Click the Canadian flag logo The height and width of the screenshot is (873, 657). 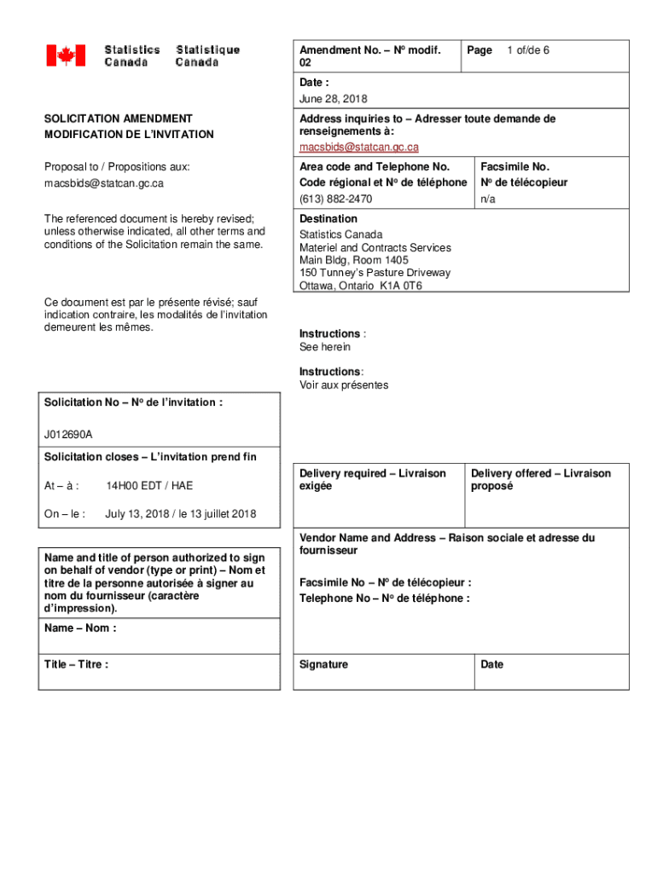click(66, 56)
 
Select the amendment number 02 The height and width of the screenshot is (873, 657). click(306, 64)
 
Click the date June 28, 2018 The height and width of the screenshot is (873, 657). click(333, 99)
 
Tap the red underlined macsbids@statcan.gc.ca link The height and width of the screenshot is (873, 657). click(358, 147)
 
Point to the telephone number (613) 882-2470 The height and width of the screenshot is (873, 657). click(335, 199)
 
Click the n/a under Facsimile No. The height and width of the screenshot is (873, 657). click(488, 199)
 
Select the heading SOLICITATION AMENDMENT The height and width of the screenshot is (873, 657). click(119, 119)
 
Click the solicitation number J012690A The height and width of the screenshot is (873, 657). click(69, 435)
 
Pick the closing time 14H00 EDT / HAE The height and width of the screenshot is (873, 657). click(149, 486)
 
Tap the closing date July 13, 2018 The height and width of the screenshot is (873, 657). click(180, 514)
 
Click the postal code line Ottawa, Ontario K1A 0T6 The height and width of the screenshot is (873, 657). click(360, 286)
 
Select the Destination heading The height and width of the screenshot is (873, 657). click(328, 219)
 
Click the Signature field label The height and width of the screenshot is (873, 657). click(323, 664)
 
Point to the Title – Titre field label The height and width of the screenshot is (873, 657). click(76, 664)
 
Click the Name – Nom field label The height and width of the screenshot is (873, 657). click(80, 628)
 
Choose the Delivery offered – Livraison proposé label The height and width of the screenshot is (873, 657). click(541, 479)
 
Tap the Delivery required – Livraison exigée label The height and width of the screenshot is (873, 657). click(372, 479)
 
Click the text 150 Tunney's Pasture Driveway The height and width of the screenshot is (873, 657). click(375, 273)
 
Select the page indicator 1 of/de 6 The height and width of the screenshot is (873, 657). click(527, 50)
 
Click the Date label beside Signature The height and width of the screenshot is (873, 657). click(491, 664)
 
